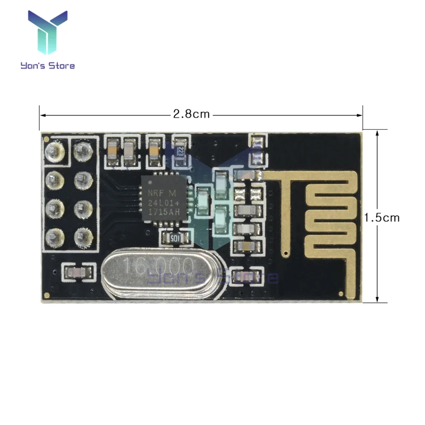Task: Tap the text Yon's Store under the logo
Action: (47, 66)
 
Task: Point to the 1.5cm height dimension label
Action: (381, 217)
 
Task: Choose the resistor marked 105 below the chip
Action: (174, 237)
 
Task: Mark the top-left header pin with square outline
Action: (55, 152)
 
